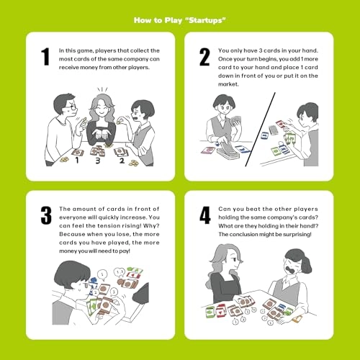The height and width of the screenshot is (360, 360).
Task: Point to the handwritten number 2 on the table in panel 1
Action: click(122, 161)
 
